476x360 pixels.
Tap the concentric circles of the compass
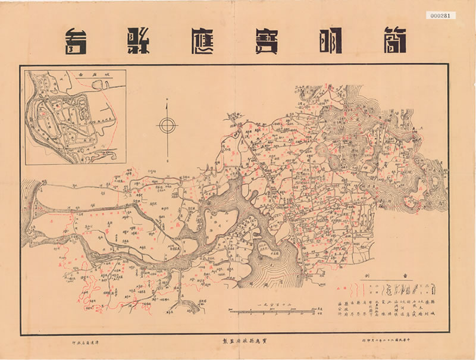click(x=167, y=125)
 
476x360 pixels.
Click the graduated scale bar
click(x=264, y=312)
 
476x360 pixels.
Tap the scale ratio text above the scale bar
click(x=264, y=303)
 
